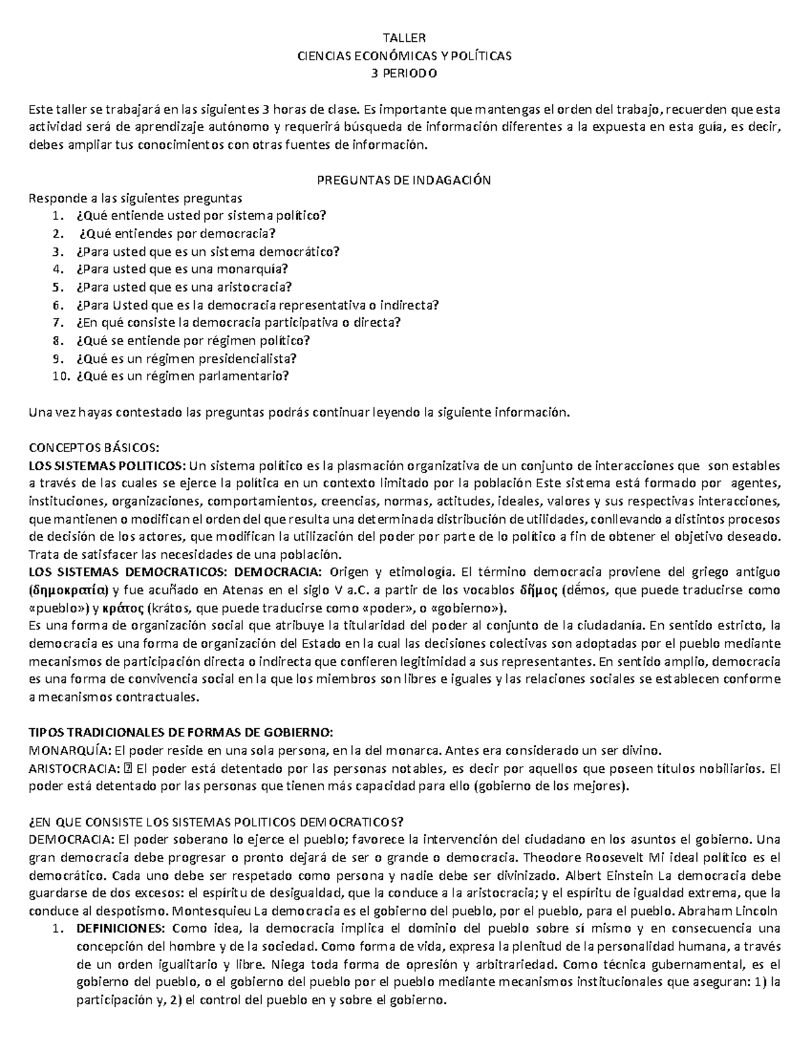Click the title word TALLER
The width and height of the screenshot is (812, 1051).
pos(405,39)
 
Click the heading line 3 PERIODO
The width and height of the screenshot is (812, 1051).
pos(405,74)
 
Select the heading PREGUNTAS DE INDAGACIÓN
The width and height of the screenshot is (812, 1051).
pos(404,181)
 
